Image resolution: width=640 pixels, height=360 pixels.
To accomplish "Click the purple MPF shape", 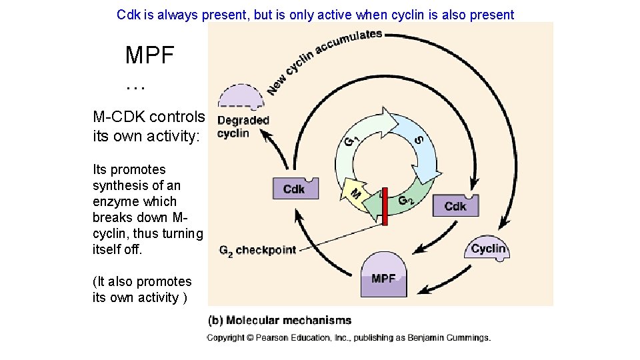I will [383, 275].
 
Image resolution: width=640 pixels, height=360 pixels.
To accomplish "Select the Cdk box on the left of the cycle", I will [295, 189].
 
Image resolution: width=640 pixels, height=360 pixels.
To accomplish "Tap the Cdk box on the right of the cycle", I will [455, 205].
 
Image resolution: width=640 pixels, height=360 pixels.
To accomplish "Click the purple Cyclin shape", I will [487, 248].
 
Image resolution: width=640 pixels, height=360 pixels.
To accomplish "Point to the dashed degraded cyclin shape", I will [241, 97].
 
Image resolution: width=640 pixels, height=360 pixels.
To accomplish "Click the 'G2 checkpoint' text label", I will [257, 251].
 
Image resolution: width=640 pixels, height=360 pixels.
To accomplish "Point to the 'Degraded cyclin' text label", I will [243, 127].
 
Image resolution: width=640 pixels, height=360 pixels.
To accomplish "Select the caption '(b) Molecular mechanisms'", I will [280, 321].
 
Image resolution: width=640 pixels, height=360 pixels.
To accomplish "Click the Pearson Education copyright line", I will [349, 338].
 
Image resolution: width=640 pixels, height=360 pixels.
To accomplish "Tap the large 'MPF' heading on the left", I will [149, 55].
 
